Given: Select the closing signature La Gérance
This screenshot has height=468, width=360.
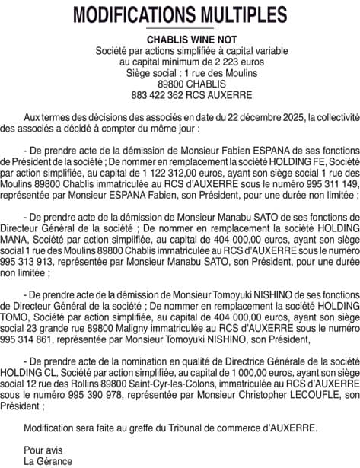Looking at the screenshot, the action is pyautogui.click(x=48, y=460).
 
